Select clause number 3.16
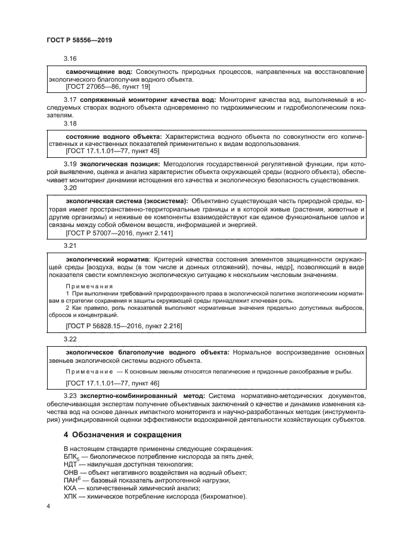coord(70,60)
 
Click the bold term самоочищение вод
coord(98,71)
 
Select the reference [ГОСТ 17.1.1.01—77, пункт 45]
coord(112,151)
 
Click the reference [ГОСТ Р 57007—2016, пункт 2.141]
coord(119,234)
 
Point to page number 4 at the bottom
coord(48,506)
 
